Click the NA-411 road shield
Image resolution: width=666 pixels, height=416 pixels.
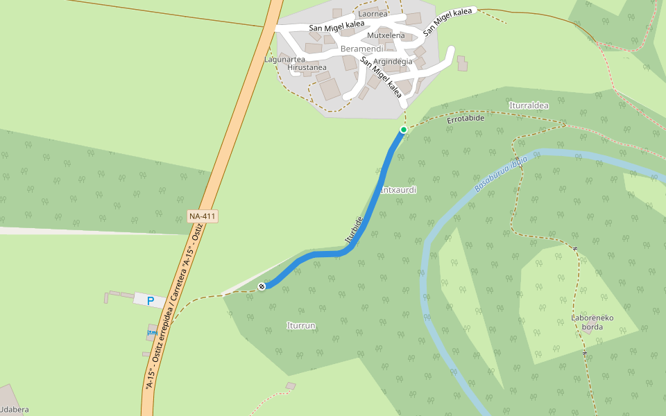tap(203, 216)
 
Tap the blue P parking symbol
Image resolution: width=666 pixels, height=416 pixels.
tap(151, 302)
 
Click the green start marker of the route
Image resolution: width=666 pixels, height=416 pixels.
tap(403, 130)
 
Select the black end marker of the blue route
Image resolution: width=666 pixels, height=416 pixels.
tap(262, 286)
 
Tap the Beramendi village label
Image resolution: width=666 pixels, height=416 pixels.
tap(361, 49)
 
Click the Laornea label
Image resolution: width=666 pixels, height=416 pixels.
tap(373, 14)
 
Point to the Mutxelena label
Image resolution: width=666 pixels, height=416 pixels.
tap(386, 35)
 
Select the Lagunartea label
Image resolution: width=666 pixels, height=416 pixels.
tap(284, 60)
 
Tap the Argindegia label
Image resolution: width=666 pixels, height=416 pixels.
tap(393, 62)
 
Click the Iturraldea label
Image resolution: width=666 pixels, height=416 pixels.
tap(529, 105)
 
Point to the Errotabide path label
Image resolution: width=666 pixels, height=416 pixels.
tap(466, 119)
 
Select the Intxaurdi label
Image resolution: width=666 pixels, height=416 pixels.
tap(398, 189)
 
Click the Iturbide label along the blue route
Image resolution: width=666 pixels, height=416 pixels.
tap(354, 229)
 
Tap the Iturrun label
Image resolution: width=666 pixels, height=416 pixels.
tap(301, 325)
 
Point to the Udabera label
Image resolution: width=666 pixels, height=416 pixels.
tap(14, 410)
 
